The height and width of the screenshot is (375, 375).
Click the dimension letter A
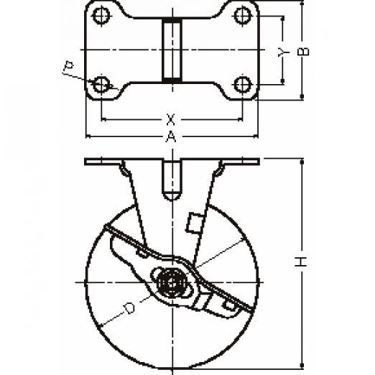[171, 136]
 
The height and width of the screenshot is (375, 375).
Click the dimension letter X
[170, 119]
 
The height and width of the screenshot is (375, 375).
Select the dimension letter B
[303, 52]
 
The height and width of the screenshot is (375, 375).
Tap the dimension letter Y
[283, 52]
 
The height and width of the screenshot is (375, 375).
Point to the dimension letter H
[301, 261]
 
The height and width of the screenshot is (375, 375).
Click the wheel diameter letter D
[129, 308]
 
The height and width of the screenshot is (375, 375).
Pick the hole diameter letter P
[68, 66]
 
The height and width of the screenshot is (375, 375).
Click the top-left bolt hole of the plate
[101, 16]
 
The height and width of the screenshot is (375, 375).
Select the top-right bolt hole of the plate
[243, 16]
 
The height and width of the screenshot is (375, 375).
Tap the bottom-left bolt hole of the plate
[101, 84]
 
